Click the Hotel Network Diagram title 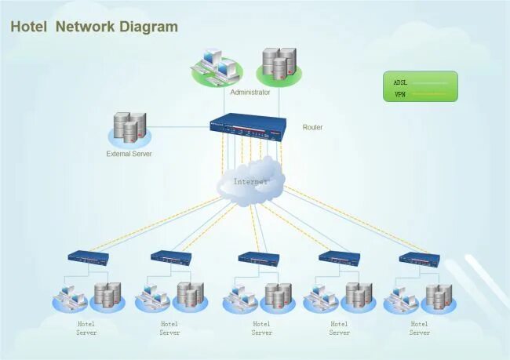94,27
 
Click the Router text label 312,127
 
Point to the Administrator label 250,93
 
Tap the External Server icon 129,128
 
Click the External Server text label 129,154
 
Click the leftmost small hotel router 88,257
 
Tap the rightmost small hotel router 420,258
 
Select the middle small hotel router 258,258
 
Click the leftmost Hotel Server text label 86,328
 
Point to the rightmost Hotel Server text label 420,328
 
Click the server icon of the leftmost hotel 106,296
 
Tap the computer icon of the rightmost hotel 399,298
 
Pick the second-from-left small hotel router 171,257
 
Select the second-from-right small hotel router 339,257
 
